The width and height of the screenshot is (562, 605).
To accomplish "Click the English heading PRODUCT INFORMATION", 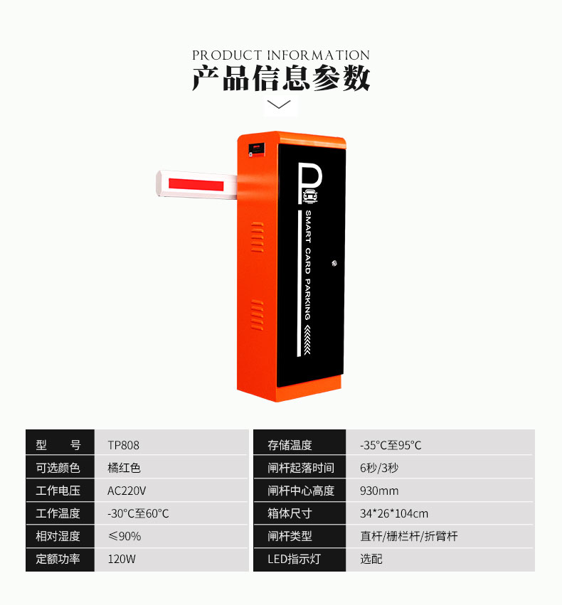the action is (281, 55).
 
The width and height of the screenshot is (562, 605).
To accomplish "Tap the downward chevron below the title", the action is (279, 105).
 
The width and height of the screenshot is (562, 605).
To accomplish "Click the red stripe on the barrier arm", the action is (196, 184).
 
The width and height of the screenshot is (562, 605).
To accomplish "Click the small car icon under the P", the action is (311, 197).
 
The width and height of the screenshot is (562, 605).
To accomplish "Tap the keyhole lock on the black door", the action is (334, 264).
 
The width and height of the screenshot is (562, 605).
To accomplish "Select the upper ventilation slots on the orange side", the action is (258, 237).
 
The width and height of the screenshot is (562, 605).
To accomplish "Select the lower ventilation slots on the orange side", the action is (258, 315).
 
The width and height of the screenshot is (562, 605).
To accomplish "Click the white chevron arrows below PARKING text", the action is (307, 340).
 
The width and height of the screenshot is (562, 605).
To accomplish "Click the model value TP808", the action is (123, 445).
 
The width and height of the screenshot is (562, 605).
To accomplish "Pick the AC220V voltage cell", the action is (127, 491).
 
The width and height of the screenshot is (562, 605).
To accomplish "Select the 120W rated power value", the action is (122, 559).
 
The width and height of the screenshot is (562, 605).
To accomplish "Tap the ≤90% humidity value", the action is (124, 536).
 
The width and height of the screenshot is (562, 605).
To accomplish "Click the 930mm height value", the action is (379, 491).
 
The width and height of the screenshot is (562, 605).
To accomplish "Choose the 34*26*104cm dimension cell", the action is (394, 513).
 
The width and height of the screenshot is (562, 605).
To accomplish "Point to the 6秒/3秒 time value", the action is (379, 468).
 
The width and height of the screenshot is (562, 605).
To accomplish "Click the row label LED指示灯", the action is (294, 559).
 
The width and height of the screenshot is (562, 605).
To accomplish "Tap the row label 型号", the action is (58, 445).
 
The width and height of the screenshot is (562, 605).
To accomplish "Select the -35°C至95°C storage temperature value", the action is (391, 445).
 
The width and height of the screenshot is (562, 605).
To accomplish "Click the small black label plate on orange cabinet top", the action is (257, 149).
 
